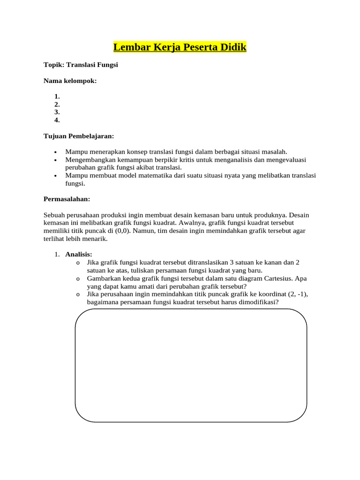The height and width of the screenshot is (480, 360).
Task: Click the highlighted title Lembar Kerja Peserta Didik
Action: click(180, 47)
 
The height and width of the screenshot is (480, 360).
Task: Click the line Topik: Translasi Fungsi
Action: click(81, 65)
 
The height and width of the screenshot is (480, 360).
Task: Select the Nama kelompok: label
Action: click(70, 81)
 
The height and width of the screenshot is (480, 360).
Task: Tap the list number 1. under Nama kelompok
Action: click(57, 97)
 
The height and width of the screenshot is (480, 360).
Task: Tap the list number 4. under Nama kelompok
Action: click(57, 120)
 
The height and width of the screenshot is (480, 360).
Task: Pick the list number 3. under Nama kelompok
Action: click(57, 112)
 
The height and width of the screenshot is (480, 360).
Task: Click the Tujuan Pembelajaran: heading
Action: click(79, 136)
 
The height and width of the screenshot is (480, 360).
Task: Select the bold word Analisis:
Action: click(79, 255)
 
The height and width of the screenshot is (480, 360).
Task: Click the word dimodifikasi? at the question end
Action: click(256, 302)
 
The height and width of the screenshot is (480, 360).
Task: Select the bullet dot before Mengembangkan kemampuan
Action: click(55, 160)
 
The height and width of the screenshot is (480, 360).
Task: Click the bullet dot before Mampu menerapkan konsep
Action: click(55, 152)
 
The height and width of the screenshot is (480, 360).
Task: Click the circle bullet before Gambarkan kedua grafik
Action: click(78, 278)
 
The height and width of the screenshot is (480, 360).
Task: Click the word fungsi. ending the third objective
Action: click(75, 184)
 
